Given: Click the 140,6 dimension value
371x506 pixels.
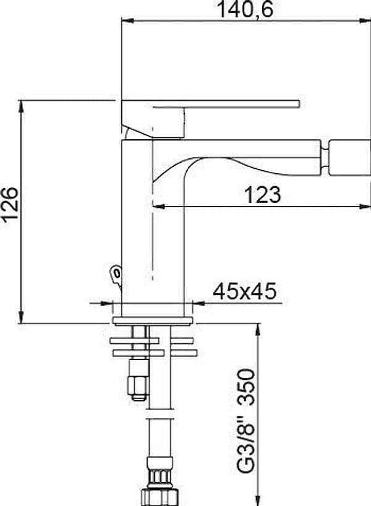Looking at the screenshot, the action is pos(245,9).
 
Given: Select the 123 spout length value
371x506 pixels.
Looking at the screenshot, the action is pos(263,195).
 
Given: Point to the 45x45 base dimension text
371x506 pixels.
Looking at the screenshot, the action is pos(245,291).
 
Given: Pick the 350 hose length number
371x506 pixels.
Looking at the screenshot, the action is pos(247,387).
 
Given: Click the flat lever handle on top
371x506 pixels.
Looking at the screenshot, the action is pos(210,104).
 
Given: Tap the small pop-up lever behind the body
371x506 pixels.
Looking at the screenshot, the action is pos(116,275).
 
